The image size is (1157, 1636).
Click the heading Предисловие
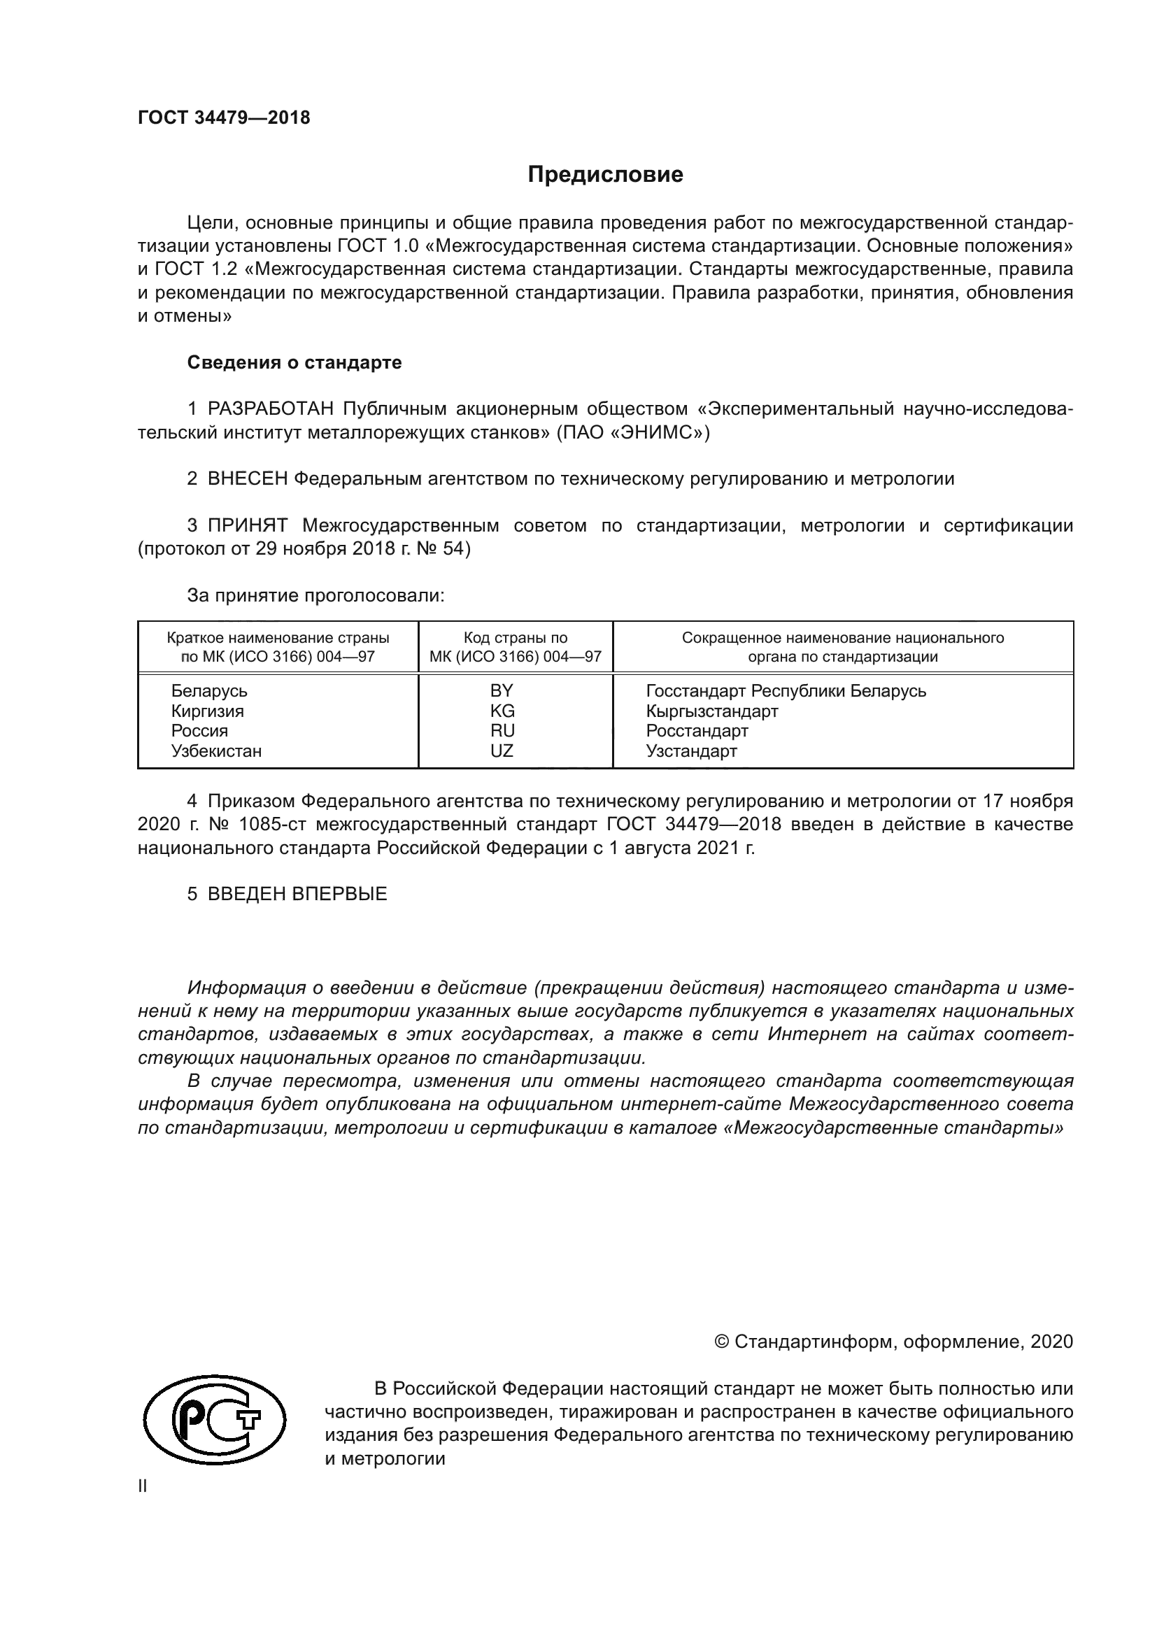pyautogui.click(x=605, y=175)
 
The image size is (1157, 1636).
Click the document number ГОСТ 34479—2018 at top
pyautogui.click(x=224, y=118)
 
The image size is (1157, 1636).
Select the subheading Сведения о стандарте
pyautogui.click(x=294, y=363)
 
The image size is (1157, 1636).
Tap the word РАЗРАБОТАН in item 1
pyautogui.click(x=271, y=409)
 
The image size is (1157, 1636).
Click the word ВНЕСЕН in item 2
pyautogui.click(x=247, y=479)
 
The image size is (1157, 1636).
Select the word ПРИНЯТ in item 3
pyautogui.click(x=247, y=526)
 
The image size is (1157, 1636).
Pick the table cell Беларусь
pyautogui.click(x=208, y=690)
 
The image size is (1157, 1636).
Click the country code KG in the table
pyautogui.click(x=502, y=711)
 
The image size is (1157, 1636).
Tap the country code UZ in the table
pyautogui.click(x=502, y=751)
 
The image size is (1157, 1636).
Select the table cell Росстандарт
pyautogui.click(x=697, y=731)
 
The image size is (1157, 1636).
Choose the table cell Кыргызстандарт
pyautogui.click(x=711, y=711)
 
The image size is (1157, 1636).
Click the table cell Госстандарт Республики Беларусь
pyautogui.click(x=786, y=690)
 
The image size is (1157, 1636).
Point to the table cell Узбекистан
pyautogui.click(x=216, y=751)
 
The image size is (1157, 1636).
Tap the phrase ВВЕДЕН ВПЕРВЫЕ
pyautogui.click(x=297, y=895)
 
